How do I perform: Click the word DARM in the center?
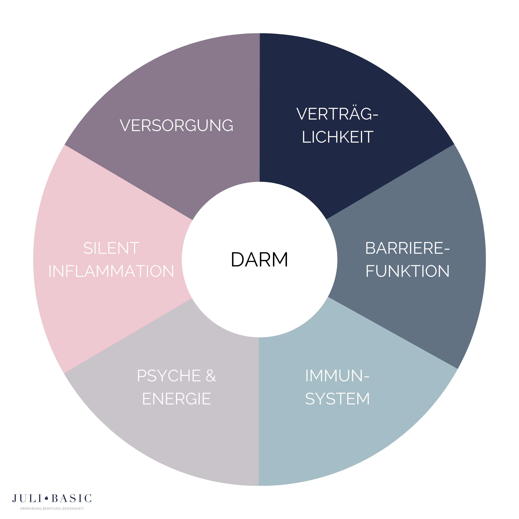(x=259, y=260)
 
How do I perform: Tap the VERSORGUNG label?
(x=176, y=126)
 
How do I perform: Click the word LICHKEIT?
(x=337, y=137)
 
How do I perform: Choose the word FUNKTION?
(x=407, y=271)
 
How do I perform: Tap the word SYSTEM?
(x=337, y=399)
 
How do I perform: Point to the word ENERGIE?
(x=176, y=399)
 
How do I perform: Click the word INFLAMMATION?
(x=111, y=271)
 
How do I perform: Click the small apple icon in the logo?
(x=47, y=498)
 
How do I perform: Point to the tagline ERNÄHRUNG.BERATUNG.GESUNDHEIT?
(x=52, y=508)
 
